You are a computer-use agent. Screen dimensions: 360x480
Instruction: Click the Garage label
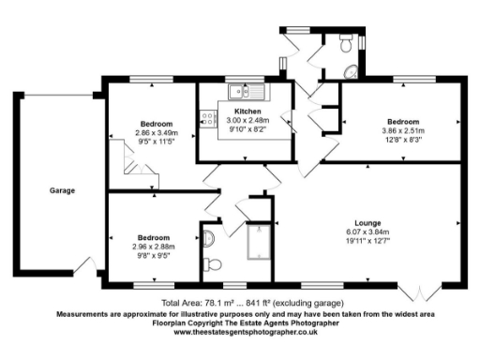63,191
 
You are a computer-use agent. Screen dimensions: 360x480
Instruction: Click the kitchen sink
244,91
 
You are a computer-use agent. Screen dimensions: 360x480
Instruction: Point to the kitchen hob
204,119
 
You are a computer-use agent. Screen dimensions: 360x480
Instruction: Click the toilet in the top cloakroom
346,43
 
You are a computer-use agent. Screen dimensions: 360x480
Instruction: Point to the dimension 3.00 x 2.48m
247,120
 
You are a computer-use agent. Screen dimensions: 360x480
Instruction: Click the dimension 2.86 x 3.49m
156,133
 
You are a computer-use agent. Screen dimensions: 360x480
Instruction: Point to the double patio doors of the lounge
419,285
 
